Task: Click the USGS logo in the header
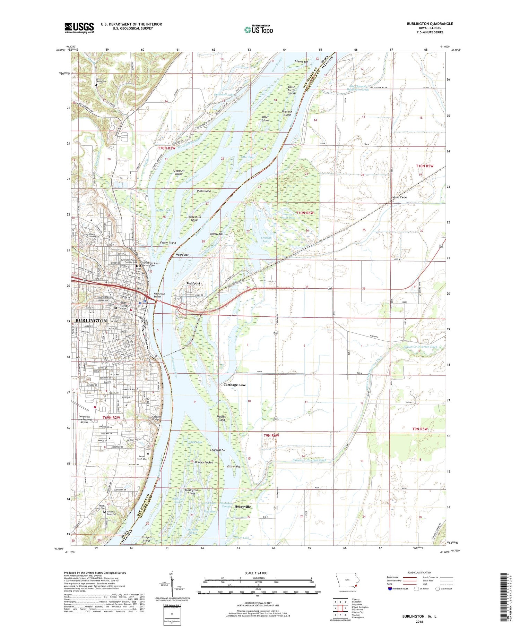79,28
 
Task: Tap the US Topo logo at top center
258,30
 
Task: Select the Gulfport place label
193,283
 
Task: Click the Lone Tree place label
399,197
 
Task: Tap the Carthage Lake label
234,385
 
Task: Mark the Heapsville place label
242,507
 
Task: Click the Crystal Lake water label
266,239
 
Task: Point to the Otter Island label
265,119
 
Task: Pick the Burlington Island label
191,492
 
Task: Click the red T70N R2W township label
166,148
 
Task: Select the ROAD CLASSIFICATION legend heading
419,572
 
